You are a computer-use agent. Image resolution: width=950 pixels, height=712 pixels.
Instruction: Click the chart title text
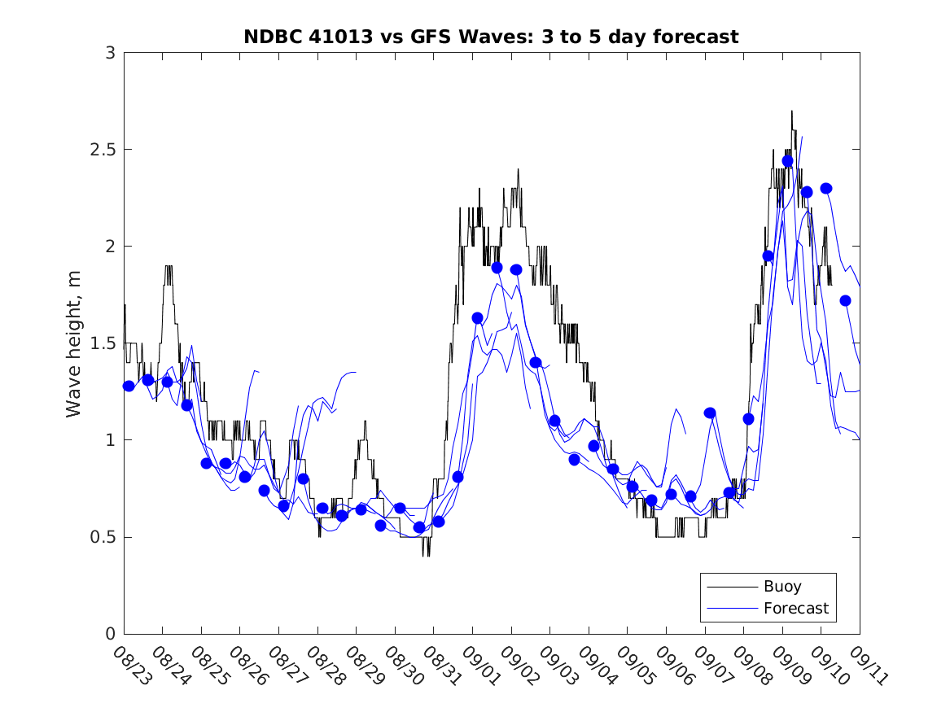[491, 37]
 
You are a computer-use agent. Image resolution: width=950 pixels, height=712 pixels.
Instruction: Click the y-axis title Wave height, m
[74, 343]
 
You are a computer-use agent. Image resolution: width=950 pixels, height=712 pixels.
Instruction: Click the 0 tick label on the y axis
[108, 634]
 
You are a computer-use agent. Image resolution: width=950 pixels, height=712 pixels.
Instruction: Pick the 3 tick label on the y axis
[108, 53]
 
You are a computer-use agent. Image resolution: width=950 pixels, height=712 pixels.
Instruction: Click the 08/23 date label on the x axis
[131, 664]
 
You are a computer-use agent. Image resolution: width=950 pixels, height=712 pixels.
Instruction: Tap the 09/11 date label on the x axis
[867, 664]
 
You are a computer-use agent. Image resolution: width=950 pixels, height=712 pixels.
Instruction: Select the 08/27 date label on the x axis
[286, 664]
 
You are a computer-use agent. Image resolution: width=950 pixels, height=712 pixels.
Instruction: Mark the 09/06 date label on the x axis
[673, 664]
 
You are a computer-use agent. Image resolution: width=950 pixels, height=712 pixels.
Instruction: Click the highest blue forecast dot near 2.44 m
[787, 161]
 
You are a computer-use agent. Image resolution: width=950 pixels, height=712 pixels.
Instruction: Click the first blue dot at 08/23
[129, 386]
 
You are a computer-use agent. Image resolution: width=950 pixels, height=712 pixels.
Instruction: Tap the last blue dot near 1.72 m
[845, 300]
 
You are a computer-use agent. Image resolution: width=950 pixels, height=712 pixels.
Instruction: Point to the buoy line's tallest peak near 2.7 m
[791, 111]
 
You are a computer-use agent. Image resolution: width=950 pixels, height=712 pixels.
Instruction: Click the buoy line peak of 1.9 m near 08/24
[169, 266]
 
